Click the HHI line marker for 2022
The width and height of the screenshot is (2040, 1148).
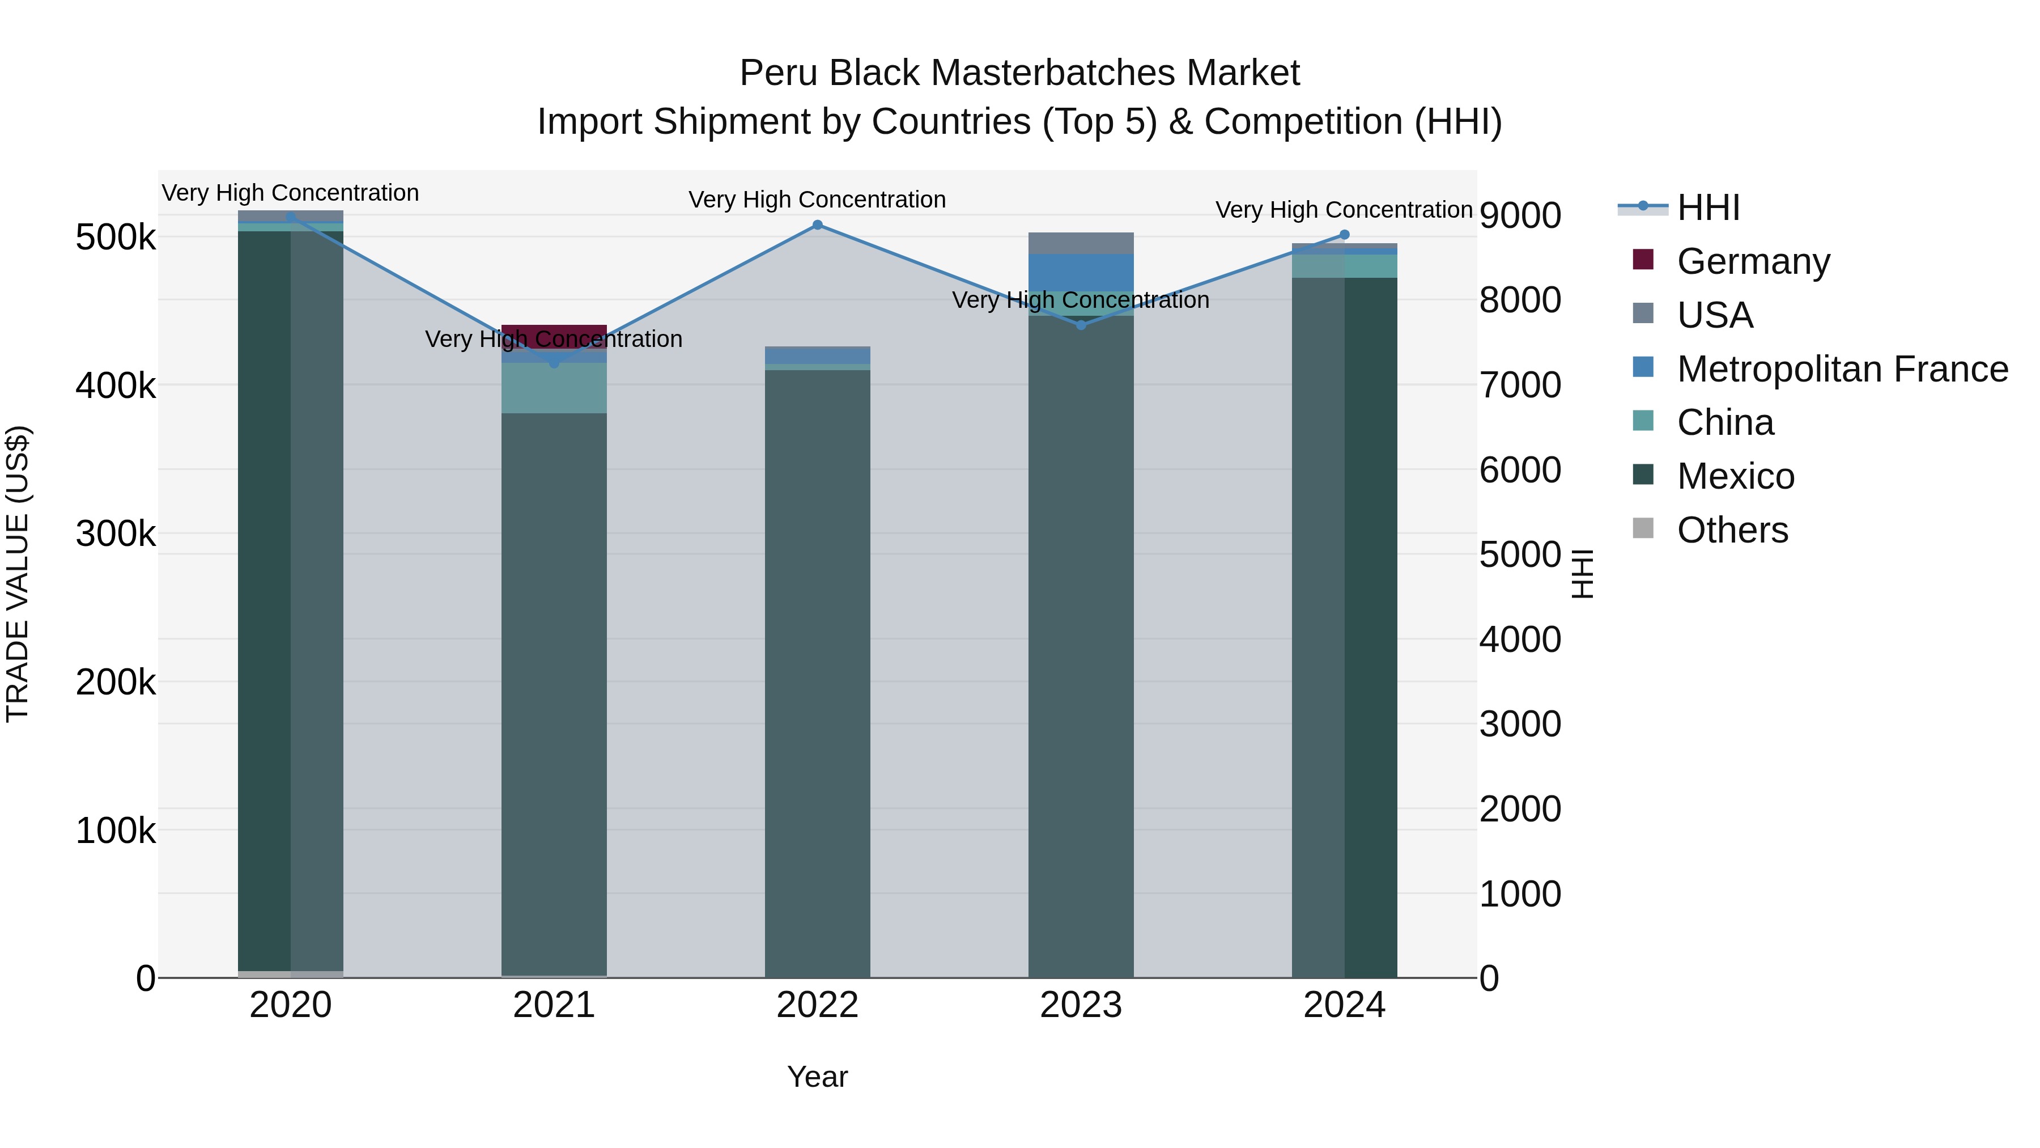point(817,225)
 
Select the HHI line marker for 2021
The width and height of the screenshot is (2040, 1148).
point(554,363)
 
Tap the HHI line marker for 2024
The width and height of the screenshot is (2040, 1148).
point(1344,235)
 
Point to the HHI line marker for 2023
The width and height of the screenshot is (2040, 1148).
point(1081,325)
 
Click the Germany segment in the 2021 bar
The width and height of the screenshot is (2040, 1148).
point(554,333)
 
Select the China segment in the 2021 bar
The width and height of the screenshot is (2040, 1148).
point(554,388)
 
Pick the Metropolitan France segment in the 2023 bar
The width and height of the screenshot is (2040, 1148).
point(1081,273)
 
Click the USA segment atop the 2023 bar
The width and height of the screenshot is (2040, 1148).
point(1081,243)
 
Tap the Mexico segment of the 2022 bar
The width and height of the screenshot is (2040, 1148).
point(817,673)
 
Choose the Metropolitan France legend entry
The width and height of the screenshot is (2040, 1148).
point(1842,369)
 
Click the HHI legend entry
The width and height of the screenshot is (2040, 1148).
point(1707,207)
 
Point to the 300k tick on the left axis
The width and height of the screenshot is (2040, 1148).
point(116,534)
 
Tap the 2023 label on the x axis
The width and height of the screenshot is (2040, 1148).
point(1081,1005)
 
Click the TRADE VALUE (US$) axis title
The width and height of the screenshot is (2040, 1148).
point(18,574)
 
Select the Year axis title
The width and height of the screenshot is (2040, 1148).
point(817,1077)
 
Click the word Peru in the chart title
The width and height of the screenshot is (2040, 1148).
point(779,73)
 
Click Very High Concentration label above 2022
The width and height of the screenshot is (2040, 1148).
point(817,200)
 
